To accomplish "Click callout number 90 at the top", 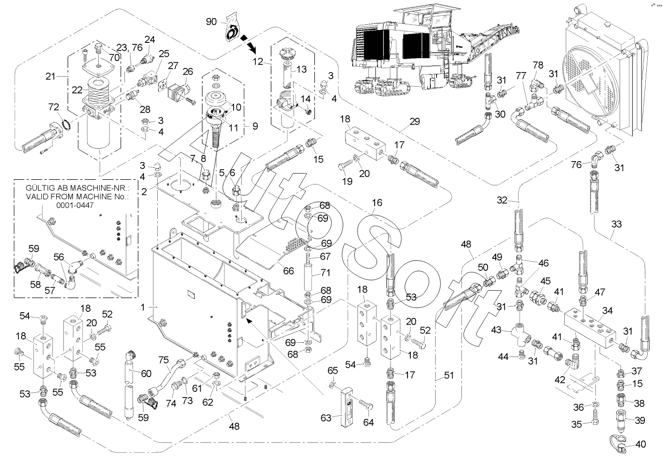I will [211, 22].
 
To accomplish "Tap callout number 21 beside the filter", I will [51, 76].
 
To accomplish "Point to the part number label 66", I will [288, 271].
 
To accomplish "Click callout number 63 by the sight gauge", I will [326, 418].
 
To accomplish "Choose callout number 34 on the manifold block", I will [607, 311].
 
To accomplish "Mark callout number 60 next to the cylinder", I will [145, 373].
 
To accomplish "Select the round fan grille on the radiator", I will [586, 72].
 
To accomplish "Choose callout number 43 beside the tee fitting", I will [496, 330].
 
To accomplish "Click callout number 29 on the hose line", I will [414, 122].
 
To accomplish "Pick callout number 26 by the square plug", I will [188, 72].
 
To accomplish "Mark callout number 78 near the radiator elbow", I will [538, 65].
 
